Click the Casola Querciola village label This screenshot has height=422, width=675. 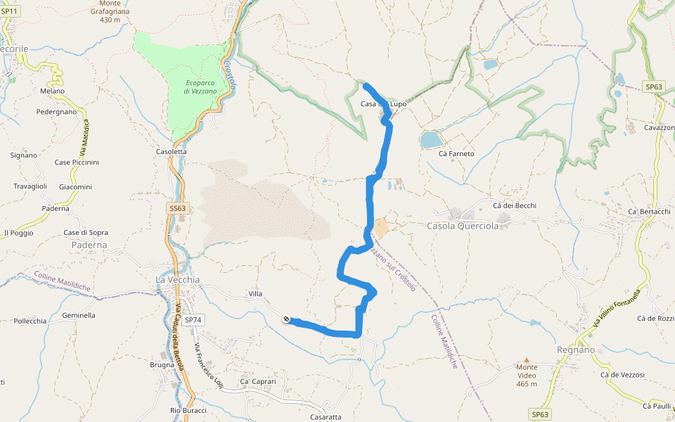[x=463, y=226]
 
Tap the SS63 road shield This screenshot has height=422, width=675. [x=178, y=208]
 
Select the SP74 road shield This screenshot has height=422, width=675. [x=193, y=319]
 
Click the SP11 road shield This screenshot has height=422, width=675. [x=9, y=11]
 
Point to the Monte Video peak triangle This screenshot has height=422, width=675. [x=527, y=359]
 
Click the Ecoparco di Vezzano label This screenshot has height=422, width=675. [x=199, y=87]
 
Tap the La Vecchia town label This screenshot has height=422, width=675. [x=177, y=279]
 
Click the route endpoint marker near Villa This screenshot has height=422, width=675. [x=287, y=319]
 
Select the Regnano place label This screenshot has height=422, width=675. [x=575, y=350]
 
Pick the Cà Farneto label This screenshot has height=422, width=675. [x=456, y=153]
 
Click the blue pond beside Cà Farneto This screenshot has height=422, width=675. [x=430, y=140]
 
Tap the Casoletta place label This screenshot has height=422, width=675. [x=172, y=151]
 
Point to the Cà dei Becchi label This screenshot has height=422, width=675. [x=515, y=205]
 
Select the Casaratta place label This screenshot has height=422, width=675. [x=326, y=416]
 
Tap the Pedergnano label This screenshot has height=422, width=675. [x=57, y=112]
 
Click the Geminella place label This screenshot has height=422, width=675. [x=79, y=315]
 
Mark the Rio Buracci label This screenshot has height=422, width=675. [x=188, y=410]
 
